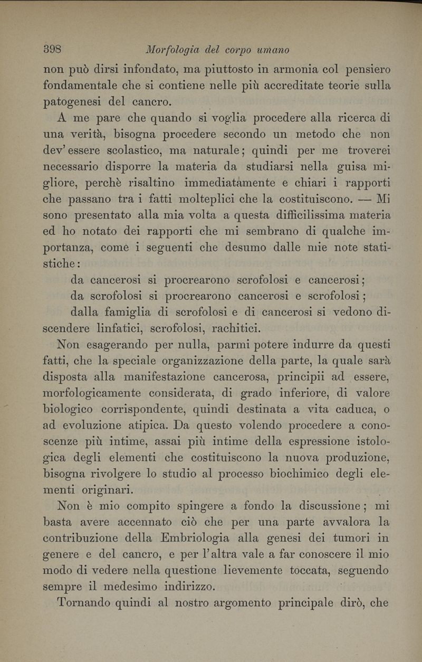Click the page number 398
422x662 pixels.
[x=53, y=50]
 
